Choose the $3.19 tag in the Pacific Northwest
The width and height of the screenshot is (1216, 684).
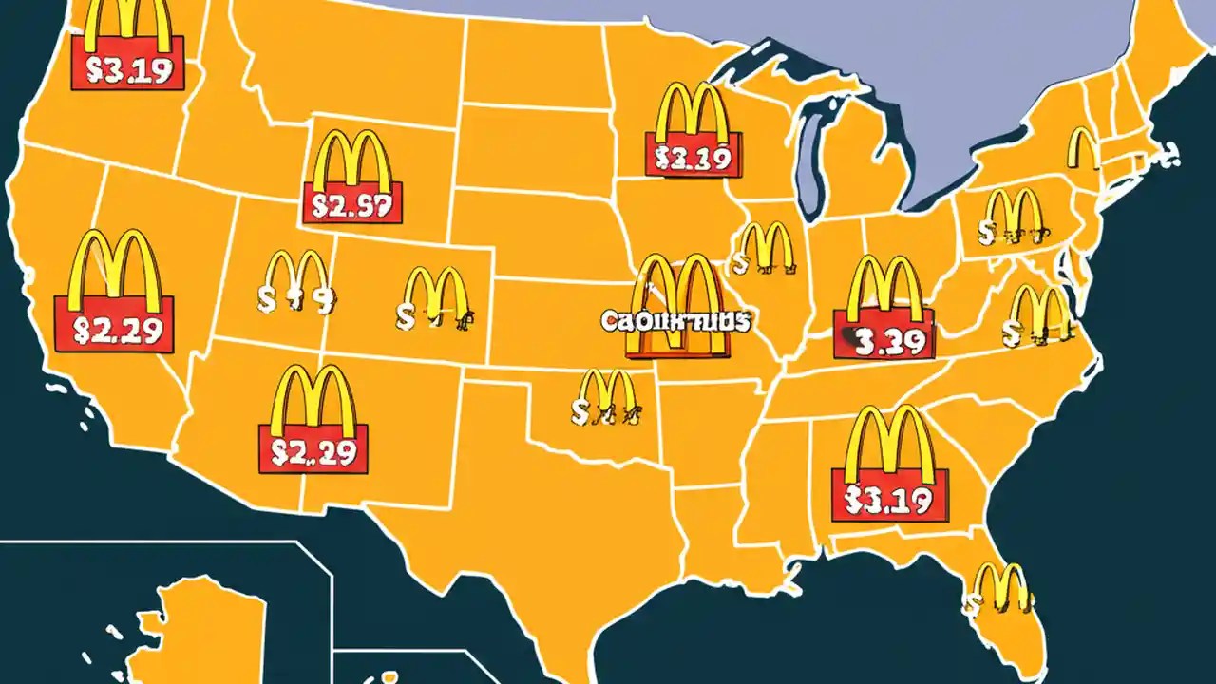pos(128,70)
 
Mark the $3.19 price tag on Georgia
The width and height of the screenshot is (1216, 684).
pos(889,496)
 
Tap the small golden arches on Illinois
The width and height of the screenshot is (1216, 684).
pos(766,249)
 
